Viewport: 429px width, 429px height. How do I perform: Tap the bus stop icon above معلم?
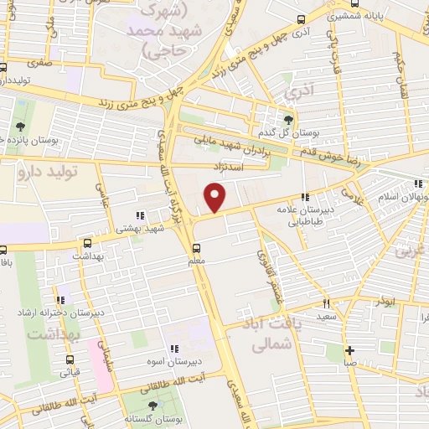pyautogui.click(x=196, y=249)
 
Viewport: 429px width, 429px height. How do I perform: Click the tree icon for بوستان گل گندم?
pyautogui.click(x=289, y=119)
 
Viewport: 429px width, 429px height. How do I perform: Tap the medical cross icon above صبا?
pyautogui.click(x=349, y=350)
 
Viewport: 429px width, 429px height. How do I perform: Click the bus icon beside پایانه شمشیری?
pyautogui.click(x=302, y=19)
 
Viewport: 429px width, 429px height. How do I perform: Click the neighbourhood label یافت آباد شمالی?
pyautogui.click(x=271, y=333)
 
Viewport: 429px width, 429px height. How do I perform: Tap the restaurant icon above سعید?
pyautogui.click(x=326, y=303)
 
